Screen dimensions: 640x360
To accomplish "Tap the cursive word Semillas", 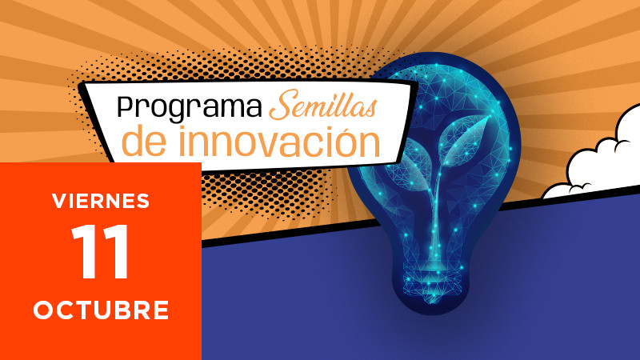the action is (322, 106).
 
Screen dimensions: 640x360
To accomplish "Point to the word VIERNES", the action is (101, 201).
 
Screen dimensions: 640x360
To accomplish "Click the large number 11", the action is (101, 252).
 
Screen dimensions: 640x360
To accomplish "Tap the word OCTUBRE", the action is (101, 310).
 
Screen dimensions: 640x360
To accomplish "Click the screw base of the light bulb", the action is (433, 282).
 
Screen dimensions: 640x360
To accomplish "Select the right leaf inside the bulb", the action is (466, 138).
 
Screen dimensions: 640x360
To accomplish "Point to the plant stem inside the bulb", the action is (436, 212).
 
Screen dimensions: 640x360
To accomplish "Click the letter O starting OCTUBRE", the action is (43, 310).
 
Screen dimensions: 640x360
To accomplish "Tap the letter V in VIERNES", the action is (59, 201).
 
